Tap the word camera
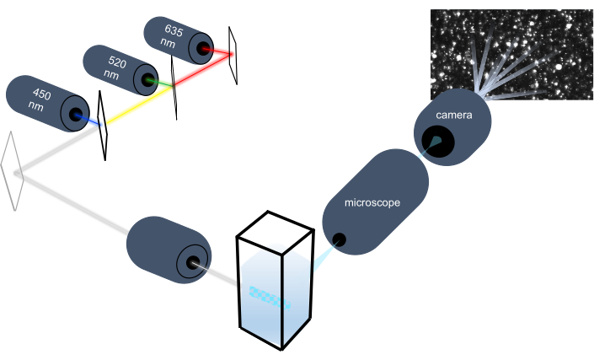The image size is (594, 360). pyautogui.click(x=452, y=113)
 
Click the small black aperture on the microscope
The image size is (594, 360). pyautogui.click(x=339, y=240)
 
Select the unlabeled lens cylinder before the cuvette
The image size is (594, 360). pyautogui.click(x=169, y=250)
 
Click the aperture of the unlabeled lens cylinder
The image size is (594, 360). pyautogui.click(x=195, y=263)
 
